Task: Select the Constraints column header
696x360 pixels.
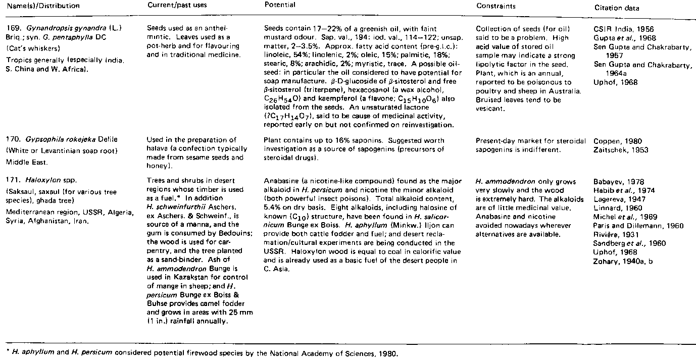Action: [494, 6]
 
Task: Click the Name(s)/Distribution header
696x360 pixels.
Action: [40, 6]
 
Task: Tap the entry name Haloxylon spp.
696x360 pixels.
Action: [42, 181]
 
